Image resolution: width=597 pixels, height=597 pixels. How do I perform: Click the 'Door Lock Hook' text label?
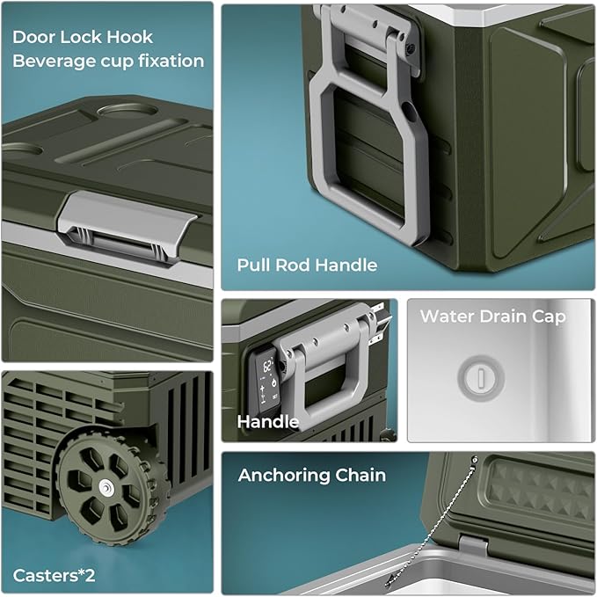[83, 37]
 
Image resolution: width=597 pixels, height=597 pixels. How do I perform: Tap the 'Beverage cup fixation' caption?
[108, 62]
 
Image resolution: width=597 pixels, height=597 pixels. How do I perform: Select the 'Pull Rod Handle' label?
[307, 265]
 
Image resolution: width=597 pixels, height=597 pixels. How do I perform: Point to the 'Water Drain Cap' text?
[492, 317]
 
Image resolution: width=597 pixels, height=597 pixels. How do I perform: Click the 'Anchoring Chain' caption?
[312, 475]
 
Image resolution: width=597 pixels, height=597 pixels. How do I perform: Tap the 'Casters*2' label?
[54, 575]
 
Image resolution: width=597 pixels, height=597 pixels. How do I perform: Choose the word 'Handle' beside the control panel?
[267, 421]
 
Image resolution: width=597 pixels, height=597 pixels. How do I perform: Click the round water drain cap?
[481, 378]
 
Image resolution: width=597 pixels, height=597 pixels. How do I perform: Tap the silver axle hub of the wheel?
[106, 487]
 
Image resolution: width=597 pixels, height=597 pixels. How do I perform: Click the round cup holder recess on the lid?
[127, 108]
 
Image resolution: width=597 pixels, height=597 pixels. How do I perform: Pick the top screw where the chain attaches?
[475, 459]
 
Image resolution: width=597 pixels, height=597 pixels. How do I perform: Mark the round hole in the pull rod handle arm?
[408, 111]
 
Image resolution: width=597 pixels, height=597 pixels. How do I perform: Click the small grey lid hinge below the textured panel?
[473, 545]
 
